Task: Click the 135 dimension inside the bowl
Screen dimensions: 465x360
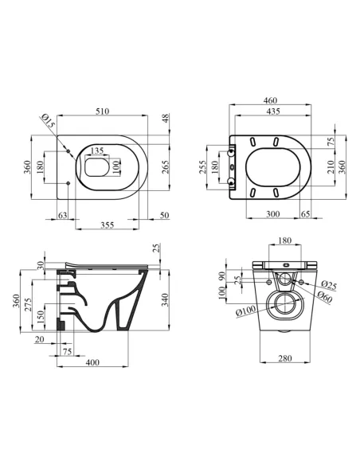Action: pos(97,150)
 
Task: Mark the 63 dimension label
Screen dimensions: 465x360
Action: pos(63,215)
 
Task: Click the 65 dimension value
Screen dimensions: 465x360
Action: pos(307,215)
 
